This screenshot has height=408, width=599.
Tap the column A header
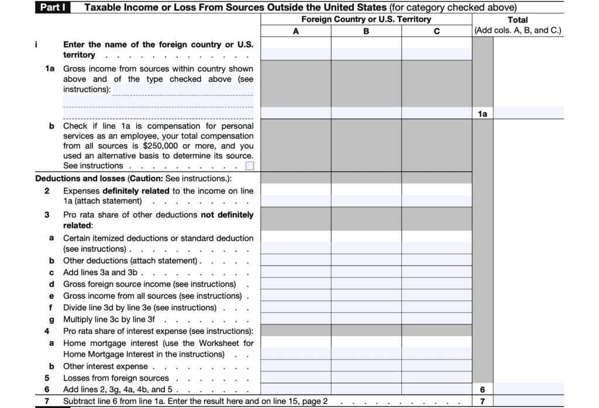(295, 31)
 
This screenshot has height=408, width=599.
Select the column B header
(366, 31)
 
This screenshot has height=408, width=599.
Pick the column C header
(436, 31)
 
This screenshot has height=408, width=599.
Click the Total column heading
(518, 20)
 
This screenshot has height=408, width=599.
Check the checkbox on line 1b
(250, 166)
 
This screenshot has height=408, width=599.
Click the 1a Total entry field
(529, 113)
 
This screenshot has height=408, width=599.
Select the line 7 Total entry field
(529, 402)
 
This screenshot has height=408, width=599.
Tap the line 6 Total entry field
(529, 389)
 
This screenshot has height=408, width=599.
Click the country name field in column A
(295, 54)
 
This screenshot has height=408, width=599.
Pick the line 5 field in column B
(366, 378)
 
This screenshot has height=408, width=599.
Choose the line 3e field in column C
(436, 296)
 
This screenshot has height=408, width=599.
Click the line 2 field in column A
(295, 200)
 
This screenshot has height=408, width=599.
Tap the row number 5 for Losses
(47, 378)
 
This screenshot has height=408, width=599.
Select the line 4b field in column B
(366, 366)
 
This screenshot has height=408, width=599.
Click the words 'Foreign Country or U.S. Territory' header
(366, 19)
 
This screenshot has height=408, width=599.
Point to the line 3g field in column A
(295, 320)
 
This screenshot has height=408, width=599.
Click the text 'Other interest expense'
(105, 366)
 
